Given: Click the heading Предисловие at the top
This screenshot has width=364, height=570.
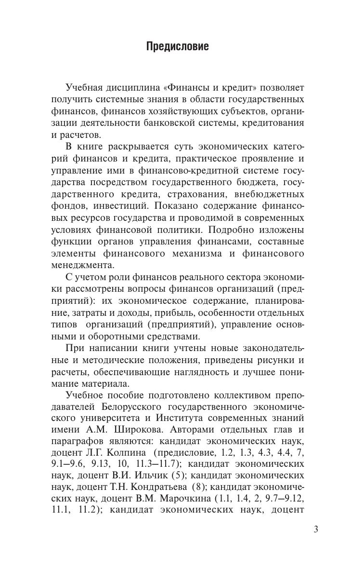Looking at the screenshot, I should [x=177, y=47].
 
